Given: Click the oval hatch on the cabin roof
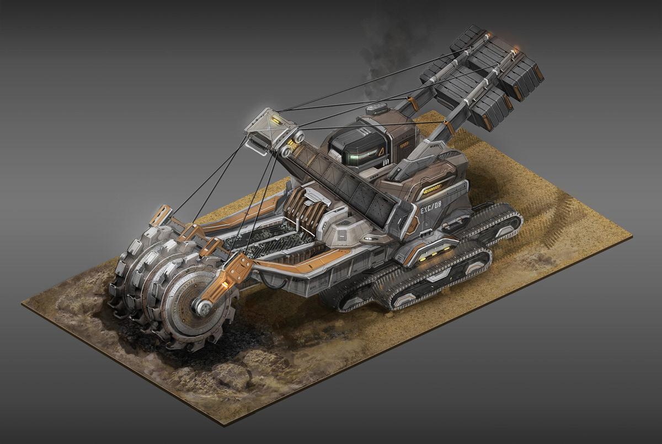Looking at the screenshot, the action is (376, 109).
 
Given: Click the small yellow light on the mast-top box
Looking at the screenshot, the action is (277, 120).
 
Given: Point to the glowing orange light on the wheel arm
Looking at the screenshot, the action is (226, 283).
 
